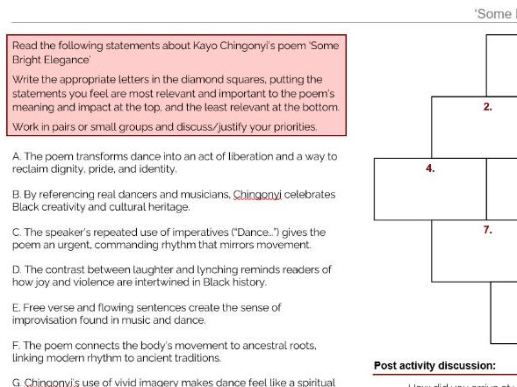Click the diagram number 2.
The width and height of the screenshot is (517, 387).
coord(487,107)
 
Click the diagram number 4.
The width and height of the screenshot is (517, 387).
coord(430,168)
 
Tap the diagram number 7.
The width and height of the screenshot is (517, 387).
coord(487,230)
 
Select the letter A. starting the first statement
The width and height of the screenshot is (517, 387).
coord(17,156)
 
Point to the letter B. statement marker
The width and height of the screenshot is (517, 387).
coord(17,195)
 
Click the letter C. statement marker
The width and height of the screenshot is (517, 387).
coord(17,233)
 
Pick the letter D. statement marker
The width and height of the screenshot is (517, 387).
coord(17,270)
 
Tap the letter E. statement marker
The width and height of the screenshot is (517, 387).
coord(17,308)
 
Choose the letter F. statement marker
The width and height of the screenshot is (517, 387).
coord(17,346)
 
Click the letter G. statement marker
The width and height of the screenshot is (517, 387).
coord(17,383)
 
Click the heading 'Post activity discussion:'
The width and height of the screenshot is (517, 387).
coord(434,366)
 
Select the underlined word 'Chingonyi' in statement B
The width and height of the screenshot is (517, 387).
coord(255,195)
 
